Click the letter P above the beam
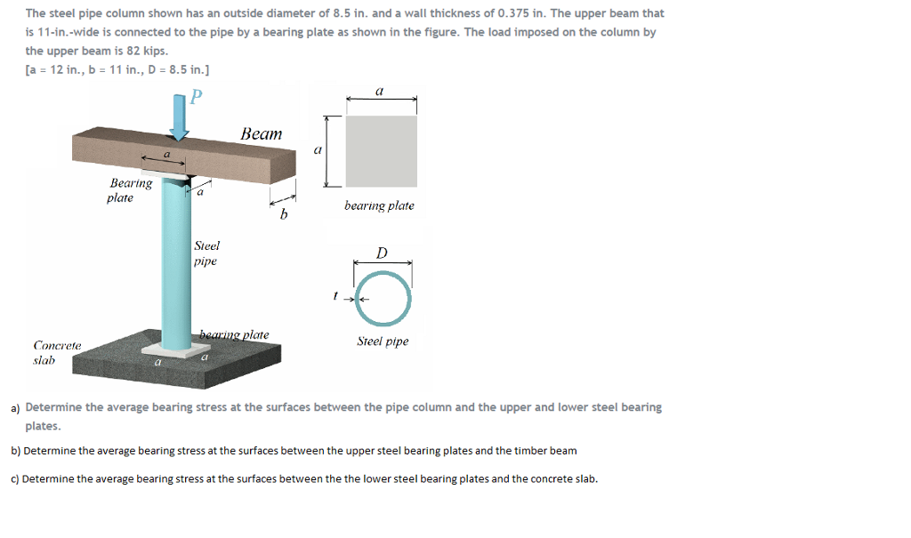197,94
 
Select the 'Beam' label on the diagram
262,134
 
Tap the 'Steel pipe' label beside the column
206,253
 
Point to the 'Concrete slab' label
57,352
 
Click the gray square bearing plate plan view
381,150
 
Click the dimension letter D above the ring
382,253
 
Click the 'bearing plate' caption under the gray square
379,205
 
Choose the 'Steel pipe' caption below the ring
383,341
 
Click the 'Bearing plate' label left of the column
130,190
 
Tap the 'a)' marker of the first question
16,408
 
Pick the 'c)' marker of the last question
15,478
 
